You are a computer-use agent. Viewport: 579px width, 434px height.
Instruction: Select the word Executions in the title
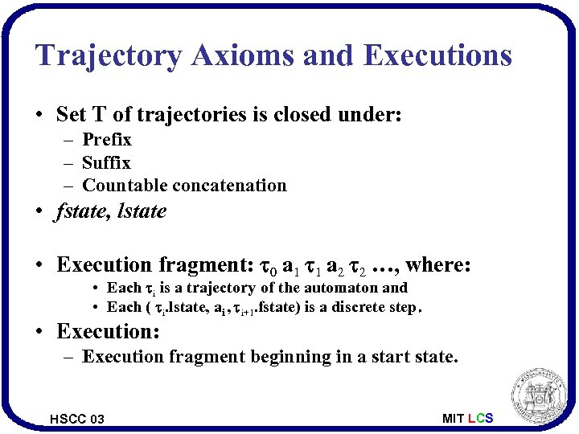(x=437, y=55)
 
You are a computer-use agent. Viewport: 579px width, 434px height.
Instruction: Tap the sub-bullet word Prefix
(x=107, y=140)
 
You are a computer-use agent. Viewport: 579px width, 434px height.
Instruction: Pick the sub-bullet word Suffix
(x=106, y=162)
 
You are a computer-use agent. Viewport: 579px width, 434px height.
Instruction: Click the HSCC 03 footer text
(x=76, y=419)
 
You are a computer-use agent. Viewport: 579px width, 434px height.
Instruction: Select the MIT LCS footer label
(x=467, y=419)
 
